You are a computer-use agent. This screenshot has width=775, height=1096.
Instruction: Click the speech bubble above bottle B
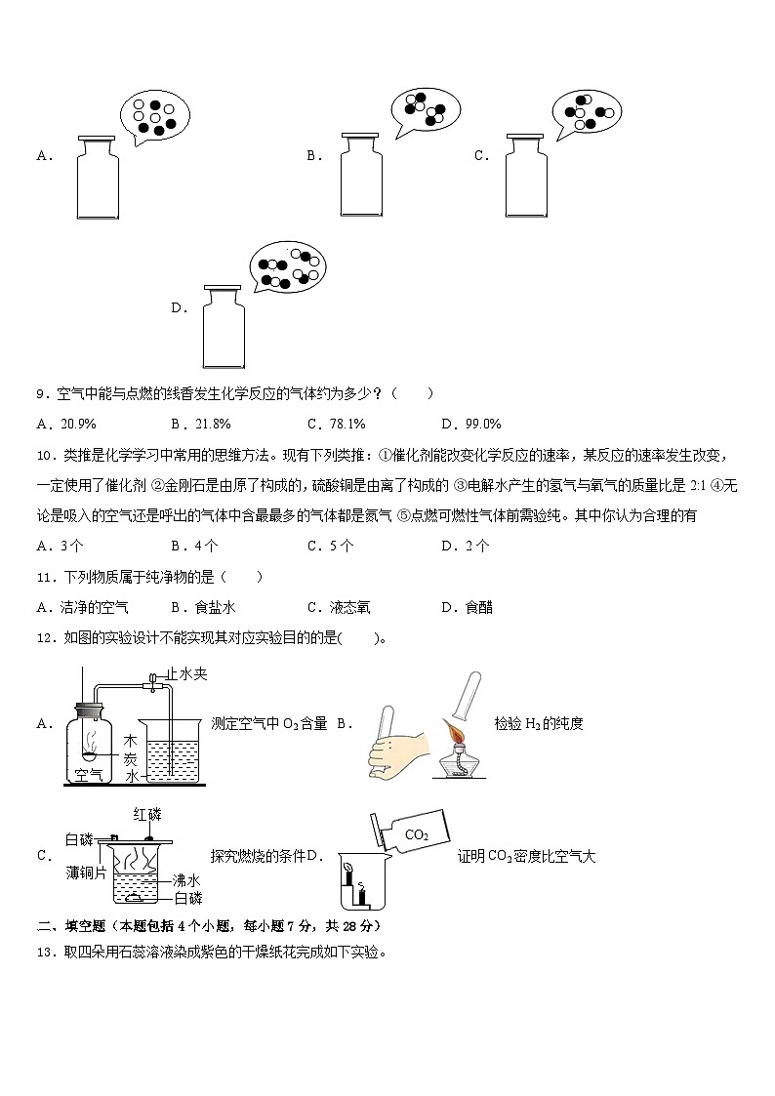pyautogui.click(x=424, y=111)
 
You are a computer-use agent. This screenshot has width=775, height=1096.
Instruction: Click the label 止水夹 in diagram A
pyautogui.click(x=186, y=673)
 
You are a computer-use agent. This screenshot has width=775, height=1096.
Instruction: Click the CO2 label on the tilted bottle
pyautogui.click(x=417, y=834)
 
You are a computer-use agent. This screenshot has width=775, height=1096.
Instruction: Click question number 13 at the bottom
pyautogui.click(x=44, y=953)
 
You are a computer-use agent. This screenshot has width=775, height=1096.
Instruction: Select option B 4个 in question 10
pyautogui.click(x=194, y=546)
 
